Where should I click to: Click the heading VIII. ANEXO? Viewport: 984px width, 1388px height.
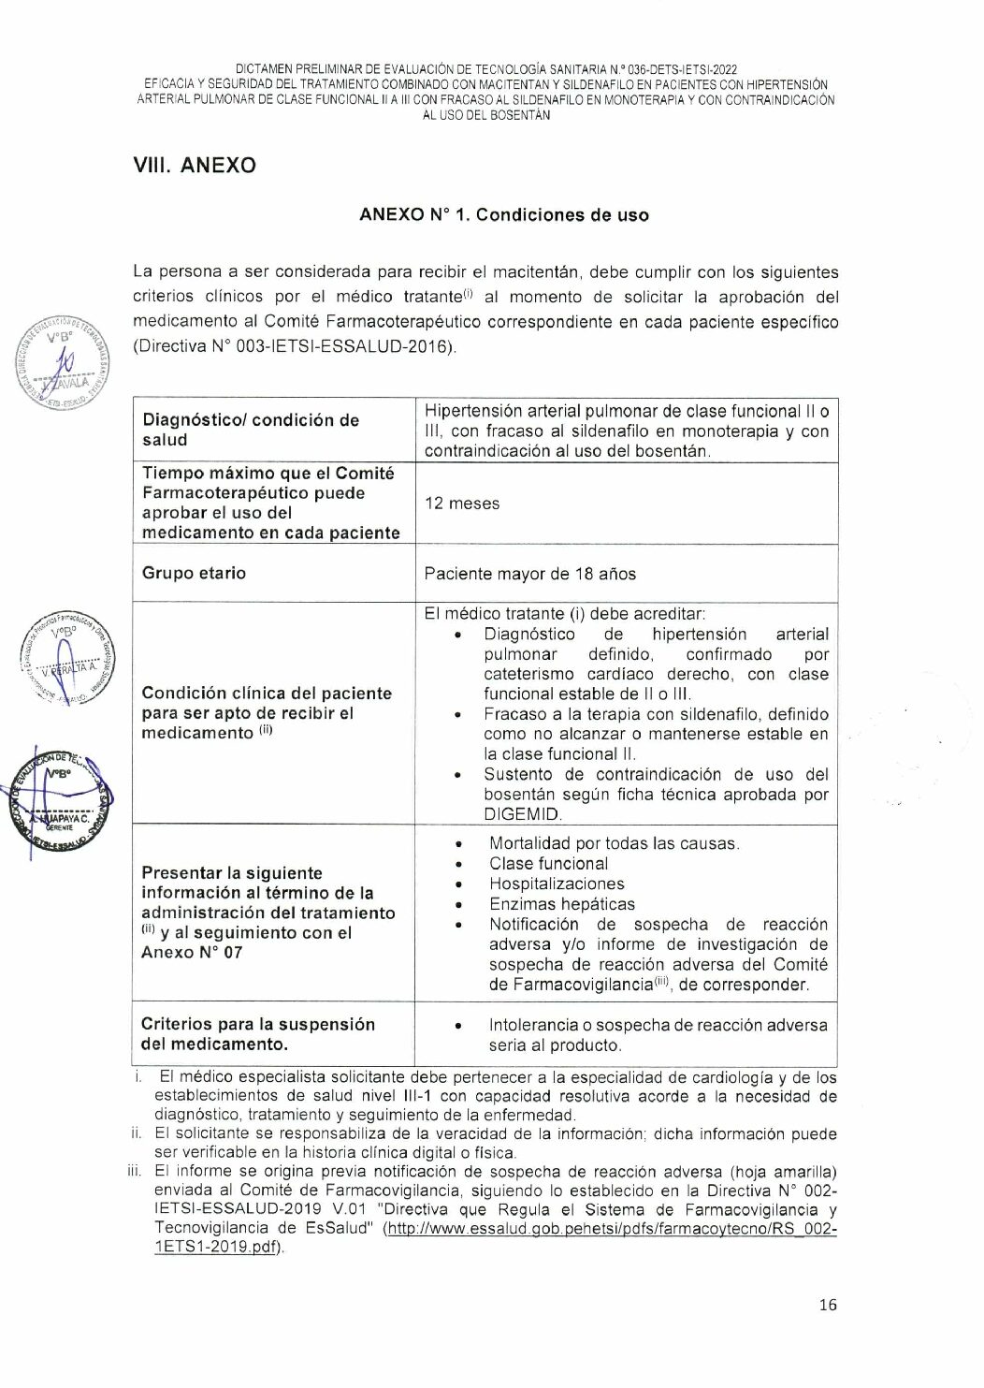(195, 166)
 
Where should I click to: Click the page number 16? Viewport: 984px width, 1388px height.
(828, 1305)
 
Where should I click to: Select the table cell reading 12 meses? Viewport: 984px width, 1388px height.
(462, 504)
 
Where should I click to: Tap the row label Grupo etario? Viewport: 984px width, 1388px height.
(194, 573)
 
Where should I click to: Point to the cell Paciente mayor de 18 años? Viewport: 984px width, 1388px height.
(529, 574)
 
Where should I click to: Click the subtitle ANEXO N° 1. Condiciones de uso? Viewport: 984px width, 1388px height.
(503, 214)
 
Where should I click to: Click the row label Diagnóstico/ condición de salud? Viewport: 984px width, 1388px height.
(250, 430)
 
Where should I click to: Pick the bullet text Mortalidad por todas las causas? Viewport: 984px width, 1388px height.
(614, 843)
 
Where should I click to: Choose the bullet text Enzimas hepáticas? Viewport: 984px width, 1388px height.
(561, 904)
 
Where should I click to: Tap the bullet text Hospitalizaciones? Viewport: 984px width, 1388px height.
(557, 884)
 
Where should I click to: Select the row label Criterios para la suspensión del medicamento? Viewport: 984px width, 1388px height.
(257, 1034)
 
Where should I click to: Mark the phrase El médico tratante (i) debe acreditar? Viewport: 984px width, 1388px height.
(564, 614)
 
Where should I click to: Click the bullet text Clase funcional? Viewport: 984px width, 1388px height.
(548, 864)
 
